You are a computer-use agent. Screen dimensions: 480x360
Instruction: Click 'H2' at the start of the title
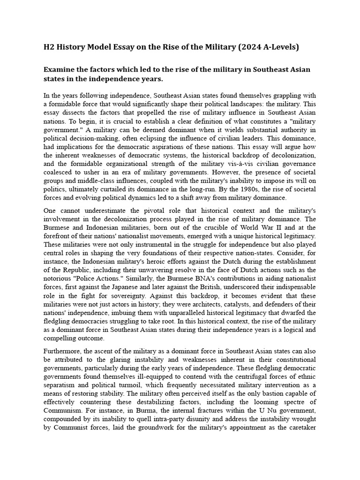pyautogui.click(x=49, y=47)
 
